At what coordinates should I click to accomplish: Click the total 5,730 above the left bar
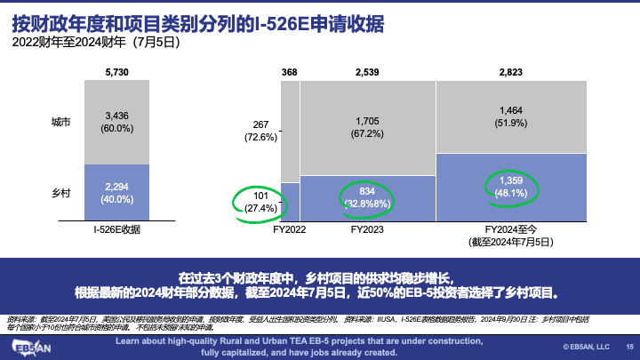(x=117, y=71)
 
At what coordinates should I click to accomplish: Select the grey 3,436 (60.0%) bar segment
(x=117, y=122)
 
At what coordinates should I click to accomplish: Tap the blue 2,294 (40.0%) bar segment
(x=117, y=192)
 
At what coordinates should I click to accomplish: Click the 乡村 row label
(x=61, y=191)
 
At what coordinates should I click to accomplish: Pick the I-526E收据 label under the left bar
(x=117, y=229)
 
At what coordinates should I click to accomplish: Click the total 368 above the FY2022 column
(x=290, y=71)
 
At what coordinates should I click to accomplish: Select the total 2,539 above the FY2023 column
(x=367, y=71)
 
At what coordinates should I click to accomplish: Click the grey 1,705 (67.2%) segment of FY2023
(x=367, y=127)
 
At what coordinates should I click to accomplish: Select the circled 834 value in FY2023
(x=367, y=196)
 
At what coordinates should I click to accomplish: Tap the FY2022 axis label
(x=290, y=229)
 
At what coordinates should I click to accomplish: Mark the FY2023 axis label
(x=367, y=229)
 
